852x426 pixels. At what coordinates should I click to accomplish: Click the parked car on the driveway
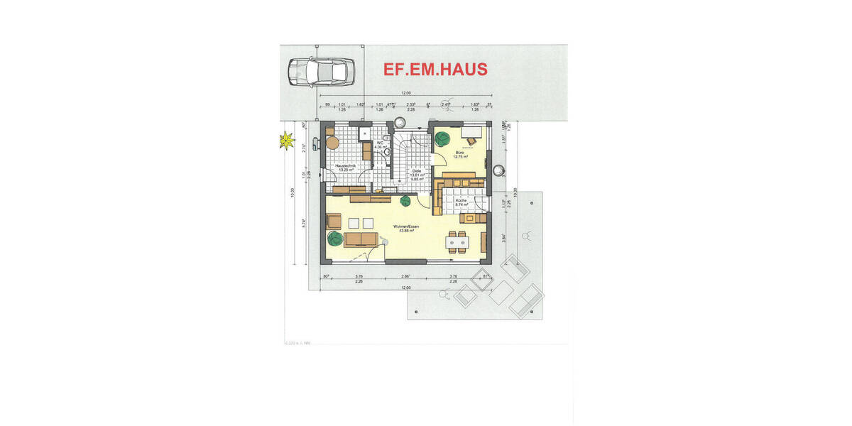pos(319,72)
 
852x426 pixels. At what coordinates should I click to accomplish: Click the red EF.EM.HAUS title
pos(435,69)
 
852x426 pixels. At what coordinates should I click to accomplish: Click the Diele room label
pos(417,171)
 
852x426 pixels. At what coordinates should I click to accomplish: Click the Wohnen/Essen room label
pos(406,227)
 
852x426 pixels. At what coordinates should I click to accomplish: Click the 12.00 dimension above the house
pos(405,93)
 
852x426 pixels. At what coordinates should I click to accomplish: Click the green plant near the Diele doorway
pos(405,201)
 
